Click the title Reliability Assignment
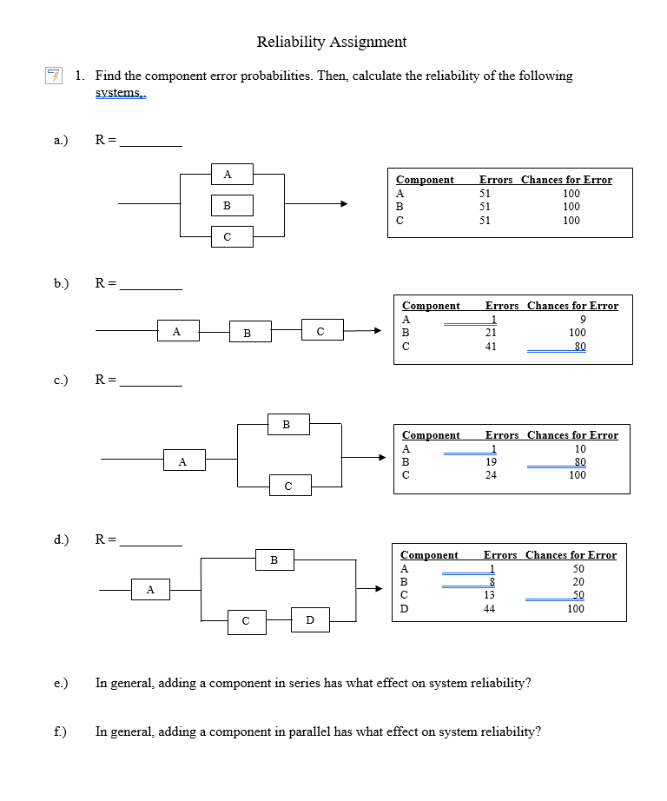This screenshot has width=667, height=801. tap(332, 42)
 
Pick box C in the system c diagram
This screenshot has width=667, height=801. tap(287, 486)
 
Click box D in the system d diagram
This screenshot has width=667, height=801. tap(309, 619)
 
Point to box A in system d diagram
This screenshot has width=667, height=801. tap(150, 591)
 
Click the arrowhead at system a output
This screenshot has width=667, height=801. tap(344, 205)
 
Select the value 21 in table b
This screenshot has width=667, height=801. tap(491, 333)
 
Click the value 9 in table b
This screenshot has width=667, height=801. tap(583, 319)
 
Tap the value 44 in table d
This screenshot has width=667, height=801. tap(489, 609)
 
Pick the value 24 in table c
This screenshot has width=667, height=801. tap(491, 475)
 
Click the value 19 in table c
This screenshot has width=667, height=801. tap(491, 462)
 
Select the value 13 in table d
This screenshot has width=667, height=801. tap(489, 595)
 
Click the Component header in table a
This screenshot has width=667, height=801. tap(425, 180)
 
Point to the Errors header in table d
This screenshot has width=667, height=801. tap(500, 555)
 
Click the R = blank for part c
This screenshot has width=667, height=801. tap(151, 384)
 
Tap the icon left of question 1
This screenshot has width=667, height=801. tap(54, 76)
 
